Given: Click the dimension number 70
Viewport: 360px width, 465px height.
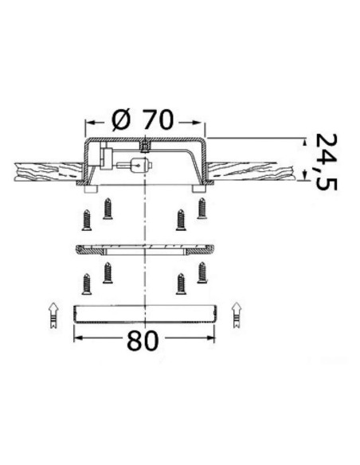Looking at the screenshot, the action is tap(157, 119).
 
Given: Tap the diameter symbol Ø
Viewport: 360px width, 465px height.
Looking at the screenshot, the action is tap(121, 119).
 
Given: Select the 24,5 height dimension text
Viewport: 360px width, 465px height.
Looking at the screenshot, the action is tap(326, 162).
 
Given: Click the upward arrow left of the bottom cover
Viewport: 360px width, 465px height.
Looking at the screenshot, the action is tap(53, 315).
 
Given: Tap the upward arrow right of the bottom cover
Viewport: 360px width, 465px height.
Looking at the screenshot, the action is tap(237, 315).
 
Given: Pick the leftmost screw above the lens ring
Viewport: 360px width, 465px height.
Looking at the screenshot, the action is tap(86, 220).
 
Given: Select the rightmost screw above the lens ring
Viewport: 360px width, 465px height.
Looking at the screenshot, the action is tap(202, 208).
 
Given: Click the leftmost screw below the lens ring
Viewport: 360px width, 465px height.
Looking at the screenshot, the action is tap(86, 283).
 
